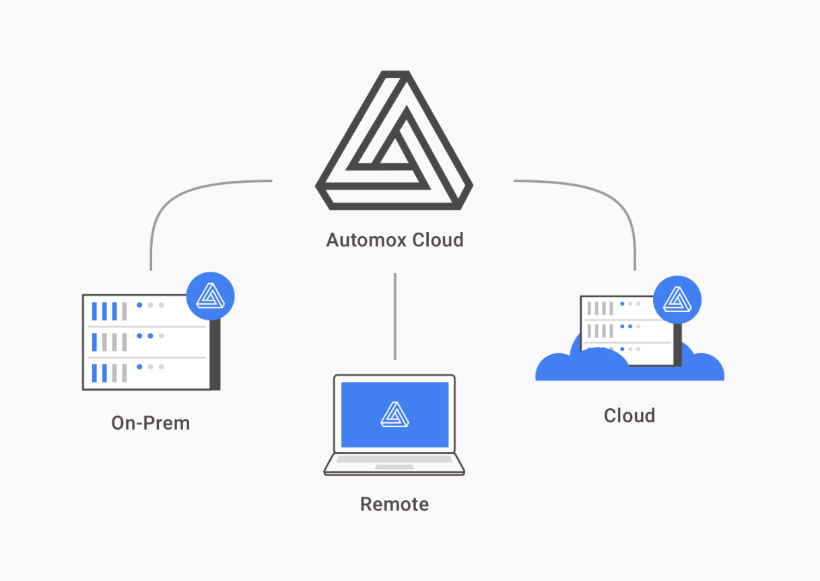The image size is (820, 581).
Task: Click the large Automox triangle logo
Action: point(394,141)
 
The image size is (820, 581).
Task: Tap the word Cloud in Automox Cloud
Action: point(438,240)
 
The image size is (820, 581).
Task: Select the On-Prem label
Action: point(151,423)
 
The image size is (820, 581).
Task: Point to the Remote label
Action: point(395,504)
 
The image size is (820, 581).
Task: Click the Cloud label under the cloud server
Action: point(629,416)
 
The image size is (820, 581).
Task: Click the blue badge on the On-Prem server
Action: point(210,295)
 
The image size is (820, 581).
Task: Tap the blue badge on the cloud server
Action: point(677,299)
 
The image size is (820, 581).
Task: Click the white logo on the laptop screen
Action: point(395,414)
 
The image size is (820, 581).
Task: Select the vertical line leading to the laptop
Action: point(395,316)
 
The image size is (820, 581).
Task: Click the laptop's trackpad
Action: point(395,467)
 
